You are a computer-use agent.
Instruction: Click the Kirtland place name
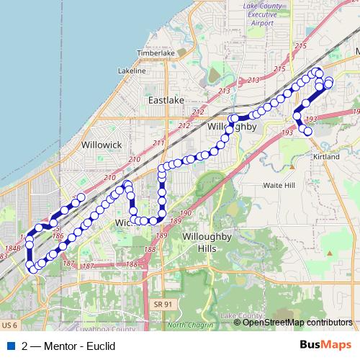click(325, 156)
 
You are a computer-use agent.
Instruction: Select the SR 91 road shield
click(163, 305)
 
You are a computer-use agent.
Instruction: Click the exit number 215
click(300, 46)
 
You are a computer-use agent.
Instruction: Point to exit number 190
click(186, 213)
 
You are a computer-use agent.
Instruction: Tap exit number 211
click(159, 143)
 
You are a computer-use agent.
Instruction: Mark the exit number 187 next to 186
click(69, 264)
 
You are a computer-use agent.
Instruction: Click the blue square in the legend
click(9, 346)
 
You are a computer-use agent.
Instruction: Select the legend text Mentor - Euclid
click(69, 346)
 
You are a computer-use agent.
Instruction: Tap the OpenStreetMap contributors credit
click(297, 322)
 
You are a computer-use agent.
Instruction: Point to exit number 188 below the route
click(149, 249)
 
